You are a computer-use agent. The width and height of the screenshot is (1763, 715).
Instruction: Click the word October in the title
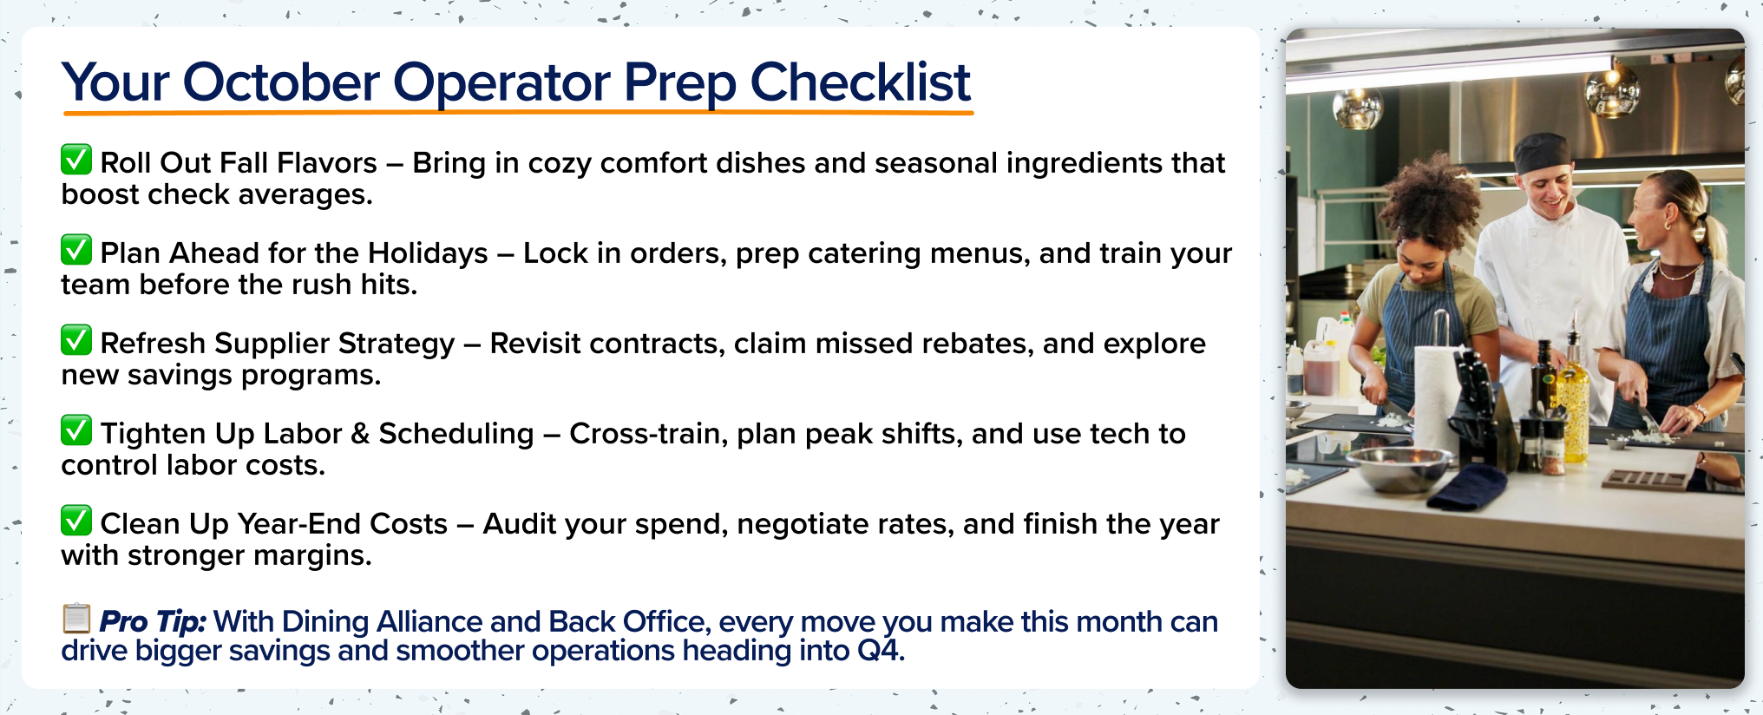281,82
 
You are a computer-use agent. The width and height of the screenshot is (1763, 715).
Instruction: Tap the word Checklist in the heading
859,82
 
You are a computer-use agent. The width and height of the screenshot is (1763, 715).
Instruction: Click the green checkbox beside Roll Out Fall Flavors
76,160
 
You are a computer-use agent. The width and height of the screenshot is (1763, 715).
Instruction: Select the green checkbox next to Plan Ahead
76,250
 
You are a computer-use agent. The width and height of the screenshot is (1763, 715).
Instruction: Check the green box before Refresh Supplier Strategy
76,340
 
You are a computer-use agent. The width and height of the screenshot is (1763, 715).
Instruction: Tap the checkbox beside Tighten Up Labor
76,430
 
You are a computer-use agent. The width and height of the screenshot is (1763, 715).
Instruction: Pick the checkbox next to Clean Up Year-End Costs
76,521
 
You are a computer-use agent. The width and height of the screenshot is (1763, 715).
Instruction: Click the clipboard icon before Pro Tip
76,619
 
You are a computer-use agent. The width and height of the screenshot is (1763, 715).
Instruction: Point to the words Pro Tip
153,621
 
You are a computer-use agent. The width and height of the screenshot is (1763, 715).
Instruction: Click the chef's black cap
1542,153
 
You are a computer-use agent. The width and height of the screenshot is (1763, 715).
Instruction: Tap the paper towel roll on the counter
1437,390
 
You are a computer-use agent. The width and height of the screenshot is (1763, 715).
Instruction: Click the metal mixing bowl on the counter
1398,466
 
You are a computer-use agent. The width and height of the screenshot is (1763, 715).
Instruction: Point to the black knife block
1478,408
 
